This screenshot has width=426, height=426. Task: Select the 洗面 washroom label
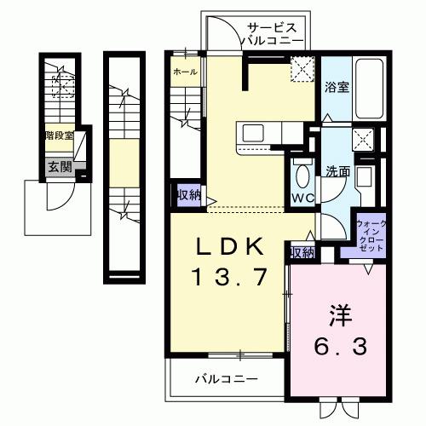[336, 170]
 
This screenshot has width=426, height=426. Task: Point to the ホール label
[185, 72]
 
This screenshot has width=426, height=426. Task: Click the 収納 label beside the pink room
[302, 252]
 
